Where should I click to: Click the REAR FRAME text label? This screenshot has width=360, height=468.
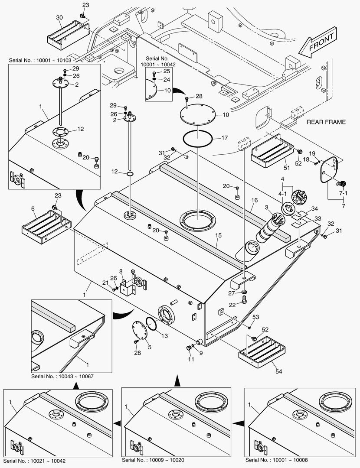(x=326, y=122)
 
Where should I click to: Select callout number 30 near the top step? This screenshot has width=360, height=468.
(x=59, y=17)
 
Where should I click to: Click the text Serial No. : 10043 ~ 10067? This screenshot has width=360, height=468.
(x=62, y=376)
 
